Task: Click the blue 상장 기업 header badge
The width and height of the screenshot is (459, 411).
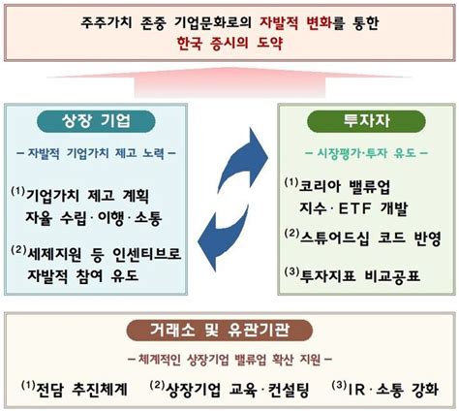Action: point(96,122)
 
